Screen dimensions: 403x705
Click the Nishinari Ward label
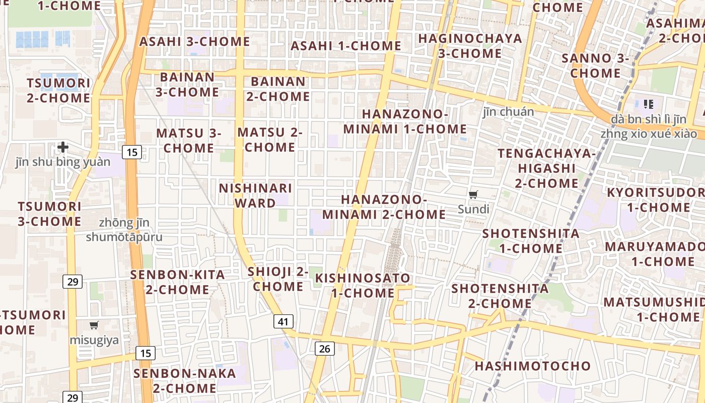(x=255, y=195)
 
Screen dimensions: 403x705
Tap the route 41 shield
(x=284, y=321)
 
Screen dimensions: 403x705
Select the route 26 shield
(x=325, y=348)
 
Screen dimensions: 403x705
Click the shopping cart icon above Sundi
(x=473, y=194)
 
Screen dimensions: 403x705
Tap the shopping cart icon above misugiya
(x=94, y=325)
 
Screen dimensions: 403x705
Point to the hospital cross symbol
(x=63, y=147)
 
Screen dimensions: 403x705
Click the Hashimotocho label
(x=532, y=366)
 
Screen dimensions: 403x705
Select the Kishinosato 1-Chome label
(x=363, y=285)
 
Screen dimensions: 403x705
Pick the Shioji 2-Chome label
(x=278, y=279)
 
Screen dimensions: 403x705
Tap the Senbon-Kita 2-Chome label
(x=177, y=282)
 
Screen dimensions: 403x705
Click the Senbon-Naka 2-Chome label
(x=184, y=381)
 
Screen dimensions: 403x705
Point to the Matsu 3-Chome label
(x=189, y=141)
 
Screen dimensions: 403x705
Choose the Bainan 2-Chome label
(x=278, y=89)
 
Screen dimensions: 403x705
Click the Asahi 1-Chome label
(x=346, y=46)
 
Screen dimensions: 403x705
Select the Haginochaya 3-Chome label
(x=470, y=45)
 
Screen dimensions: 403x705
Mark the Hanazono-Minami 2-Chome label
(x=384, y=207)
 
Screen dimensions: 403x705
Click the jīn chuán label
(x=508, y=112)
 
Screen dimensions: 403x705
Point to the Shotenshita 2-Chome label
(x=500, y=296)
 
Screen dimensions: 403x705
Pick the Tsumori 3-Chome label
(x=49, y=214)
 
